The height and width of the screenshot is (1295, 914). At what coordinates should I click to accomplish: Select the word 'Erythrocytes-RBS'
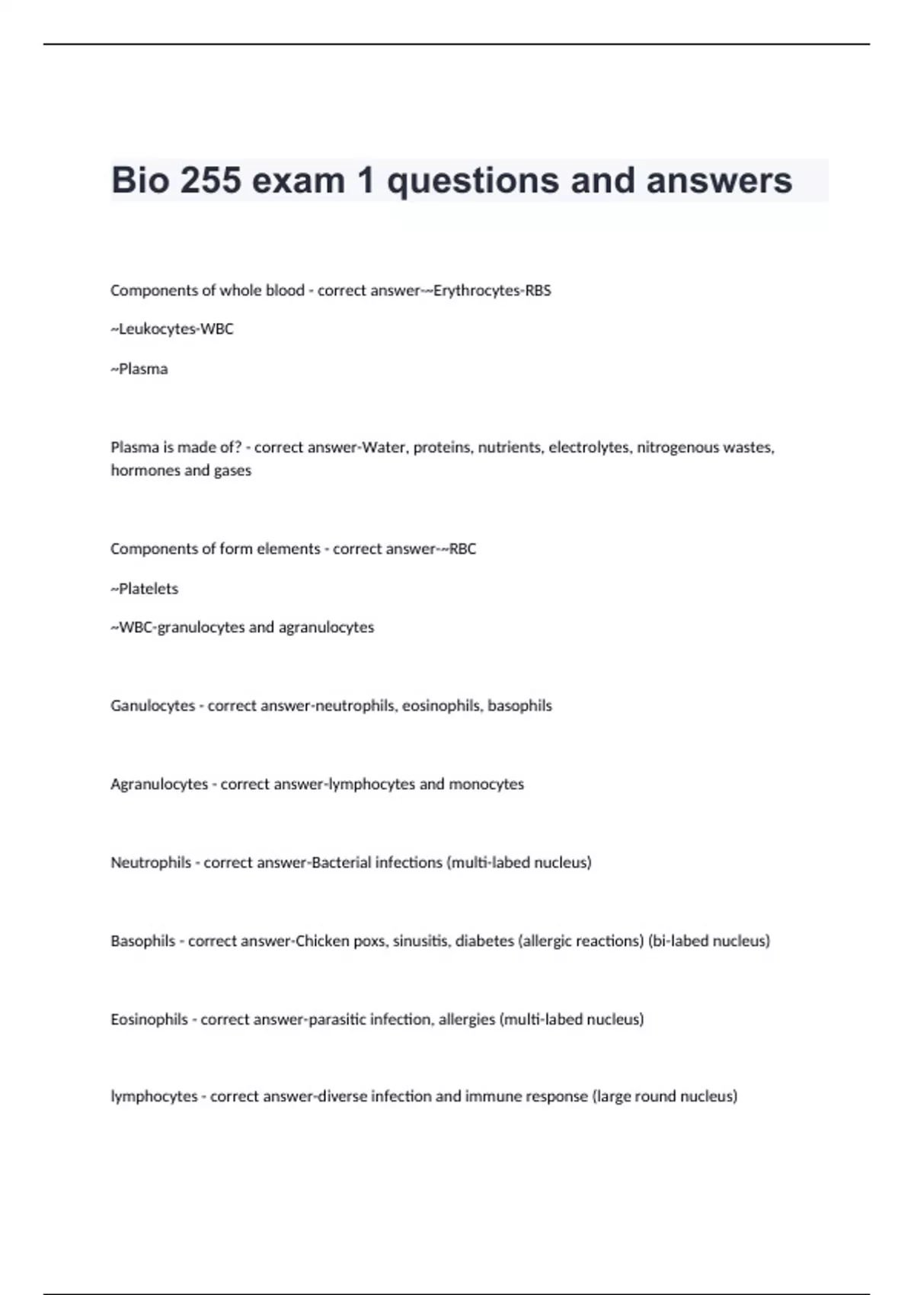(x=492, y=290)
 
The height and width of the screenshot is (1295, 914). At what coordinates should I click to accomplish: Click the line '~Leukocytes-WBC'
(x=172, y=329)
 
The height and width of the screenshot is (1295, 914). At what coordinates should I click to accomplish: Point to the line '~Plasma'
(x=139, y=369)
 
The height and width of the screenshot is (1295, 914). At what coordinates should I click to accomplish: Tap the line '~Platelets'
(x=145, y=588)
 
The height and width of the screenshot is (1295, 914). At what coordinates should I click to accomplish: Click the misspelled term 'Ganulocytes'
(x=152, y=705)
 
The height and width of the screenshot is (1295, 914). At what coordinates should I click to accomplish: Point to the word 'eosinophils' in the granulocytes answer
(x=441, y=705)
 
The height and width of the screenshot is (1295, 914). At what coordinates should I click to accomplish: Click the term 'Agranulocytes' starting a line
(x=159, y=784)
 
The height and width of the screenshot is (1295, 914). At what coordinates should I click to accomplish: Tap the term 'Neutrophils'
(x=151, y=862)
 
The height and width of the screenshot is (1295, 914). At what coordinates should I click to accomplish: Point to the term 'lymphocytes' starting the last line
(x=154, y=1096)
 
